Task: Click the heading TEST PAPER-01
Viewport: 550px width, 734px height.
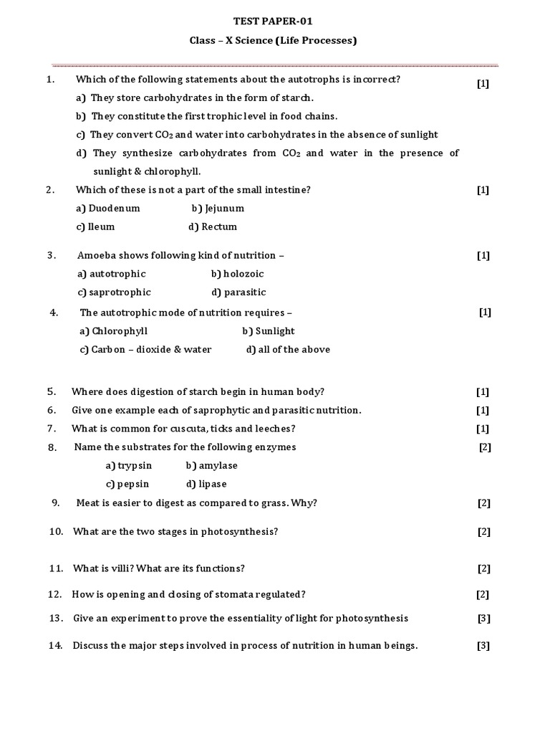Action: [x=274, y=22]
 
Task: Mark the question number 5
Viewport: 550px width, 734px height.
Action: [x=52, y=392]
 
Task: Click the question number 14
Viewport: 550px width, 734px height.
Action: [x=55, y=646]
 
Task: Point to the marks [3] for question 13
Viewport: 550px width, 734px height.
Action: [x=483, y=619]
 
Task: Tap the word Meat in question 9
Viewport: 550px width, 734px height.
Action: [x=87, y=503]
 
